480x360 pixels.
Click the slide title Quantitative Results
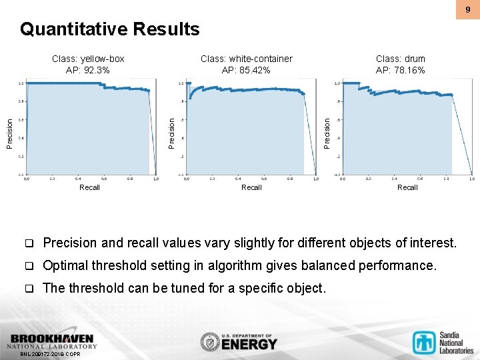pyautogui.click(x=109, y=29)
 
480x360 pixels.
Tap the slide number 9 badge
pyautogui.click(x=467, y=9)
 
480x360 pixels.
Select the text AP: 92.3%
pyautogui.click(x=88, y=70)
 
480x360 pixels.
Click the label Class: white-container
pyautogui.click(x=246, y=59)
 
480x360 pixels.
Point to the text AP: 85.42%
pyautogui.click(x=246, y=70)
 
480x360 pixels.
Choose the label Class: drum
pyautogui.click(x=400, y=59)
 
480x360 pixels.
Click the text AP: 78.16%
pyautogui.click(x=400, y=70)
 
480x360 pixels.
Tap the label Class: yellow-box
pyautogui.click(x=88, y=59)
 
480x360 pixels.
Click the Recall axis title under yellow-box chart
pyautogui.click(x=89, y=187)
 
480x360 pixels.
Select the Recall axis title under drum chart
pyautogui.click(x=407, y=187)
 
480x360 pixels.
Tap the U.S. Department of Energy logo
pyautogui.click(x=238, y=341)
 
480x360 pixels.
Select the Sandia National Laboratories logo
pyautogui.click(x=443, y=342)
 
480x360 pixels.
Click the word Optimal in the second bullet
pyautogui.click(x=63, y=265)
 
